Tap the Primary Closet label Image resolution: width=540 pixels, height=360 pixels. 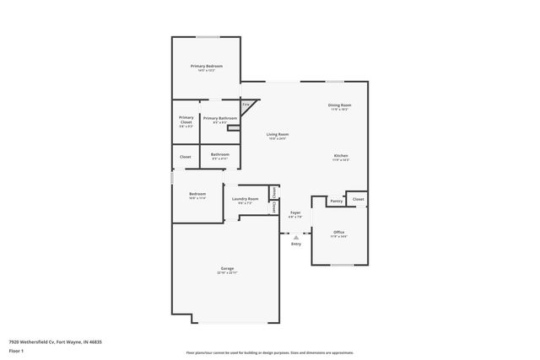coord(186,119)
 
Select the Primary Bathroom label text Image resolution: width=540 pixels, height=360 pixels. coord(219,118)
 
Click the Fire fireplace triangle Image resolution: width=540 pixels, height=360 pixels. coord(246,106)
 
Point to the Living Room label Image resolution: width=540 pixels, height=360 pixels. coord(278,135)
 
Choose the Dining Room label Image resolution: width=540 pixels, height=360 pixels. coord(339,105)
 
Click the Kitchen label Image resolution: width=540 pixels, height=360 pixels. coord(340,156)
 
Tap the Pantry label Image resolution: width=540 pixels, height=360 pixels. coord(336,201)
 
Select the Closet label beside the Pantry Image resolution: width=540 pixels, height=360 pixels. coord(358,199)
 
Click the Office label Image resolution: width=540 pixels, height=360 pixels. coord(338,232)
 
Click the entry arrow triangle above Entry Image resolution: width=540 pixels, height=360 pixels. coord(295,238)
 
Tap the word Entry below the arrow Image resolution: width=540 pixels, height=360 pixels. coord(295,244)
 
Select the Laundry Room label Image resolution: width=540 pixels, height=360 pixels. coord(245,199)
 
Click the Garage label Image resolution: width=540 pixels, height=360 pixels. coord(227,269)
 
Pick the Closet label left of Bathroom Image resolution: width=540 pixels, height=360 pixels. coord(185,156)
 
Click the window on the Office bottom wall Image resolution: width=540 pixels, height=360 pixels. coord(342,265)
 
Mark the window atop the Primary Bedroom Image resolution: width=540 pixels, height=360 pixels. coord(208,37)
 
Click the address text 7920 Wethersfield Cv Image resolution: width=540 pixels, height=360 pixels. coord(42,342)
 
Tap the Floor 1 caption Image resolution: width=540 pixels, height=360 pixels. coord(16,351)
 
